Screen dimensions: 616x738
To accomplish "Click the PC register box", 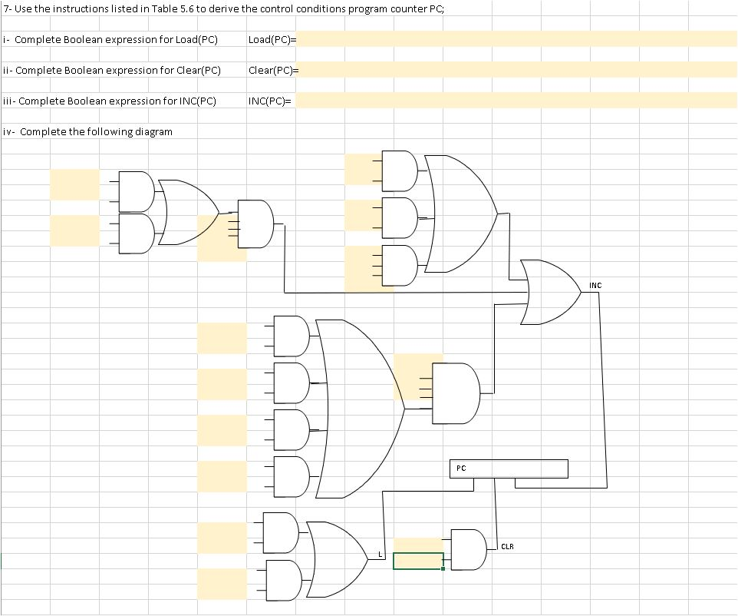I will pos(509,469).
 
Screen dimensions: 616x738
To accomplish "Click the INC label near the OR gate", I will pos(595,286).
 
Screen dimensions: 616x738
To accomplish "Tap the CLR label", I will pos(507,547).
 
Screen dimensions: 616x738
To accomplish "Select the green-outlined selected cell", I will pos(418,561).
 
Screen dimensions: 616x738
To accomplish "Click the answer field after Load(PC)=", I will pos(516,39).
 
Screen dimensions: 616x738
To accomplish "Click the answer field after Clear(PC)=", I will pos(516,70).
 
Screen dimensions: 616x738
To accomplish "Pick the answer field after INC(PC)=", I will pos(516,101).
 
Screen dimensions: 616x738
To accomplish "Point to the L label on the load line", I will pos(380,554).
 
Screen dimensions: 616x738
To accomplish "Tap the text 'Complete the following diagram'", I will pos(96,131).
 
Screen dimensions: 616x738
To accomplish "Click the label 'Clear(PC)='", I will pos(273,70).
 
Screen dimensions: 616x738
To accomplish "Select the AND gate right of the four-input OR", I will pos(456,393).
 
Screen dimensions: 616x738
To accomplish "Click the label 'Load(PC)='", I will pos(272,39).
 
